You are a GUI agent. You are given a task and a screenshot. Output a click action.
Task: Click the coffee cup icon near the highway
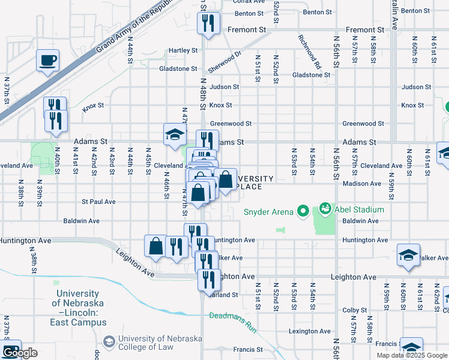click(x=47, y=60)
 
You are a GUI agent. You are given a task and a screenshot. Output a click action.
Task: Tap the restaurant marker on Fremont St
click(x=208, y=23)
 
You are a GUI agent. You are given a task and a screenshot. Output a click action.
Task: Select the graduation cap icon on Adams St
click(x=175, y=134)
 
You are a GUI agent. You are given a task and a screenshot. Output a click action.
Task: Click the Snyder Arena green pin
click(x=303, y=211)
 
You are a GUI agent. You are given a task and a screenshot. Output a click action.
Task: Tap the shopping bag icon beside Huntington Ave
click(x=155, y=245)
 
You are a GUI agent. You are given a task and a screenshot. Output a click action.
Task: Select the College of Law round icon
click(x=109, y=342)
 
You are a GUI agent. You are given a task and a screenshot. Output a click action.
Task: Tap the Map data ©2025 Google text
click(x=412, y=355)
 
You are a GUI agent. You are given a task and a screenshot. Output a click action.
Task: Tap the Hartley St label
click(x=183, y=50)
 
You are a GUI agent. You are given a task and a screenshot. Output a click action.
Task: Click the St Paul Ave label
click(x=98, y=202)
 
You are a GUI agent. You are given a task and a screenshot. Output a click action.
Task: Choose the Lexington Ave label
click(x=310, y=331)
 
